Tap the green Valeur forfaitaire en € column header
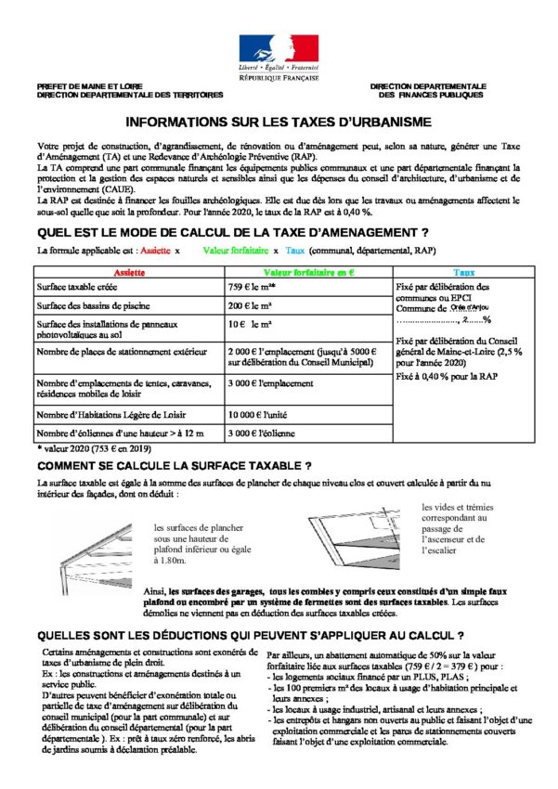pyautogui.click(x=309, y=273)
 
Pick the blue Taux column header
pyautogui.click(x=463, y=273)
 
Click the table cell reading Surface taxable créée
pyautogui.click(x=79, y=288)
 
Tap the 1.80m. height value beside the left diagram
pyautogui.click(x=170, y=561)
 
